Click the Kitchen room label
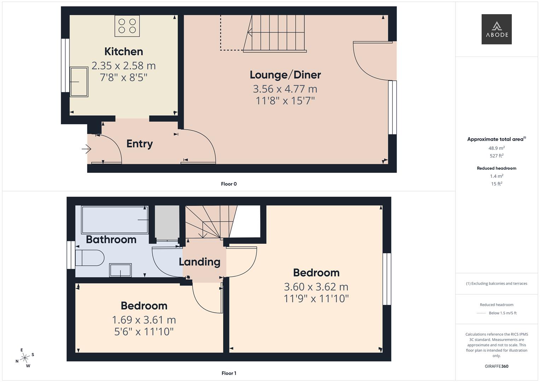point(124,52)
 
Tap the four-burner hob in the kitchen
point(127,26)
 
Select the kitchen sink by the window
point(79,82)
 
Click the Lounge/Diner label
point(285,75)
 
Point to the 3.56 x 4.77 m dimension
point(285,89)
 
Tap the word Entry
point(140,144)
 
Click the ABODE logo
point(497,29)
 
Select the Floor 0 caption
point(229,184)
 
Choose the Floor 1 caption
point(229,373)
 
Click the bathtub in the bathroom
point(115,220)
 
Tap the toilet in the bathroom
point(89,258)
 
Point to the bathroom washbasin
point(121,270)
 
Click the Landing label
point(199,262)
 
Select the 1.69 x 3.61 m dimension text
point(144,320)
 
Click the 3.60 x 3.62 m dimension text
point(316,287)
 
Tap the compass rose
point(25,358)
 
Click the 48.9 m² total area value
point(497,148)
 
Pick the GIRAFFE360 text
point(497,366)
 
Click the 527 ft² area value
point(497,156)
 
